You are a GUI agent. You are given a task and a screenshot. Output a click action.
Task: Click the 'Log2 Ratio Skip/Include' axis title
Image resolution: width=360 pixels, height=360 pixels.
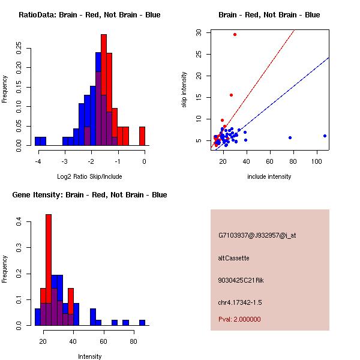pyautogui.click(x=89, y=176)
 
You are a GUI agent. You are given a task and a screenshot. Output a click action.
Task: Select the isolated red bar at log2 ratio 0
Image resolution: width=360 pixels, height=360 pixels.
pyautogui.click(x=142, y=136)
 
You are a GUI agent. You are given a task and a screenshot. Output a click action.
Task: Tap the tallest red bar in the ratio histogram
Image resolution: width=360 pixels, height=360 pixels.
pyautogui.click(x=104, y=90)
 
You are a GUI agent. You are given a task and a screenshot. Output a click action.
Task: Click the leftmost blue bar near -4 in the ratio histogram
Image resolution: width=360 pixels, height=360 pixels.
pyautogui.click(x=40, y=141)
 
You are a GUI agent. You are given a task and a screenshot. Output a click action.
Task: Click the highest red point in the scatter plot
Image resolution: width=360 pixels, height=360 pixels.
pyautogui.click(x=235, y=34)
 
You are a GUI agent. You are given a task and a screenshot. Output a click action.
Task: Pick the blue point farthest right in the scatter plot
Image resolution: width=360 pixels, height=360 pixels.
pyautogui.click(x=325, y=136)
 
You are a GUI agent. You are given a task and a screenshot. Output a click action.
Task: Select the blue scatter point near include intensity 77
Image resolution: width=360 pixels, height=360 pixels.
pyautogui.click(x=290, y=137)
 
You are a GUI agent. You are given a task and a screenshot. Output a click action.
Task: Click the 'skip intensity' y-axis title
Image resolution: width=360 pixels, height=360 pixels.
pyautogui.click(x=184, y=90)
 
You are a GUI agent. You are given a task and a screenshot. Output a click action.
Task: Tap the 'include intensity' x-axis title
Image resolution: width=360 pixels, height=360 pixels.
pyautogui.click(x=269, y=176)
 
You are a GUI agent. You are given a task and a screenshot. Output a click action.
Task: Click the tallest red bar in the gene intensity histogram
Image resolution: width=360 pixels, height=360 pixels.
pyautogui.click(x=49, y=270)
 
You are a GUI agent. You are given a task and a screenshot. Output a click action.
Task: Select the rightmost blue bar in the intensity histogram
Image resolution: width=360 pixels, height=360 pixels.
pyautogui.click(x=142, y=322)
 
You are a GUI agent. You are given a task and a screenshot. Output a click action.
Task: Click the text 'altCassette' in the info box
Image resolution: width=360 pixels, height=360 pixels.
pyautogui.click(x=233, y=258)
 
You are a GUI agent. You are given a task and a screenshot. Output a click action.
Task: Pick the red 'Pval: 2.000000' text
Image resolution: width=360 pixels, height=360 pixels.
pyautogui.click(x=239, y=319)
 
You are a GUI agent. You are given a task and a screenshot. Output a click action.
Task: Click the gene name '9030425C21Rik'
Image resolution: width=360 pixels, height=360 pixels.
pyautogui.click(x=241, y=280)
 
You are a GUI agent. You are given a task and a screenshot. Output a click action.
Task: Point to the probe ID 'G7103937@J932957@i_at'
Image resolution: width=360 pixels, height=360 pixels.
pyautogui.click(x=257, y=235)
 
